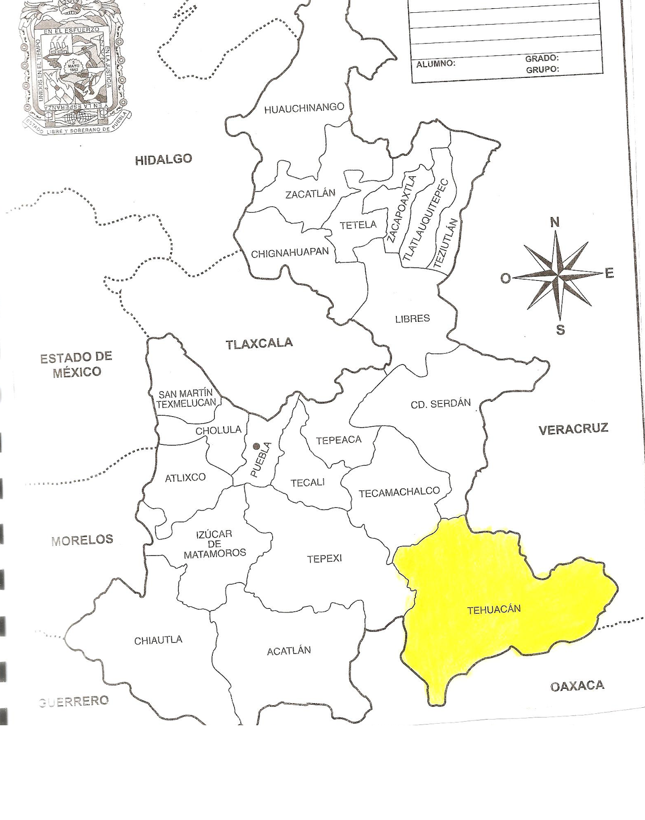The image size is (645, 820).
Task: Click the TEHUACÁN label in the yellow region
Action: pyautogui.click(x=494, y=610)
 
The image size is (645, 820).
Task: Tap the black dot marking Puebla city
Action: pyautogui.click(x=256, y=446)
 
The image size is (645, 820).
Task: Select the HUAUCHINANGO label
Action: pyautogui.click(x=304, y=108)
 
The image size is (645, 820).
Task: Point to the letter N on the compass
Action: pyautogui.click(x=555, y=222)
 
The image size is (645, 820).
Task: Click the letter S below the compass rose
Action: pyautogui.click(x=560, y=330)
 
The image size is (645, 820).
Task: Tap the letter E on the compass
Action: pyautogui.click(x=609, y=273)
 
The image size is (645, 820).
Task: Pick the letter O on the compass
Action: pyautogui.click(x=506, y=278)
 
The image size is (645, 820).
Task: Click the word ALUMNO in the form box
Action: pyautogui.click(x=435, y=64)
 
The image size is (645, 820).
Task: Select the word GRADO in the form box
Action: pyautogui.click(x=541, y=58)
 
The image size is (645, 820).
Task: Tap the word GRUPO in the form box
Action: pyautogui.click(x=542, y=69)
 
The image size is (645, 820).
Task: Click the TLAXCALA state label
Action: pyautogui.click(x=259, y=343)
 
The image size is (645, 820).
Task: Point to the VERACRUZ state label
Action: pyautogui.click(x=573, y=429)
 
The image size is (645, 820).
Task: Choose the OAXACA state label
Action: pyautogui.click(x=577, y=686)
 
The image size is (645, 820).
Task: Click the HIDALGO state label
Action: pyautogui.click(x=163, y=159)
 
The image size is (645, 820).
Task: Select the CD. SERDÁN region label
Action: pyautogui.click(x=440, y=404)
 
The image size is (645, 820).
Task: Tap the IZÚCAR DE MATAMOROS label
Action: pyautogui.click(x=214, y=544)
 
